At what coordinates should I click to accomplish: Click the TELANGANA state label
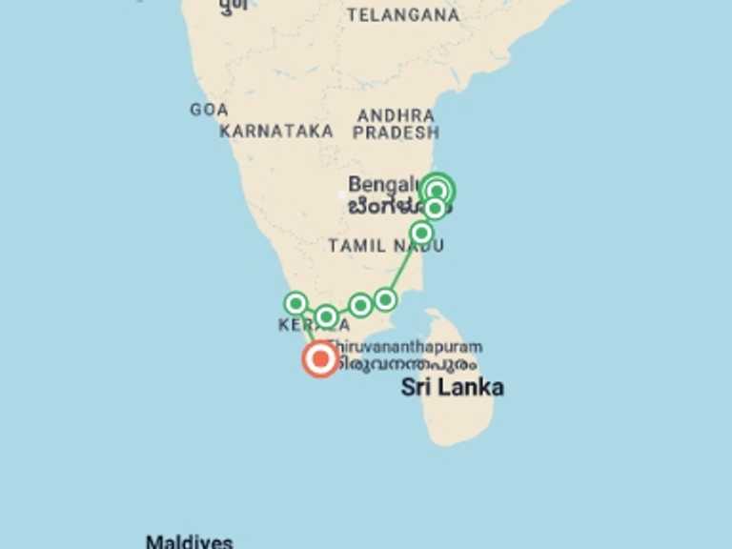403,14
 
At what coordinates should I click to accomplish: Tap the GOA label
209,110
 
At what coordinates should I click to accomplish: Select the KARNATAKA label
276,132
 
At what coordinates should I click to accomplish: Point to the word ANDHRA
396,115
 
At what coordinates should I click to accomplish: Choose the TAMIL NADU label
386,246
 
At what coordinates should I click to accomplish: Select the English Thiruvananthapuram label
405,347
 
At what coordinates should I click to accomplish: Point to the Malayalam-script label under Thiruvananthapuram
405,363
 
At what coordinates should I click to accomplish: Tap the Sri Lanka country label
452,387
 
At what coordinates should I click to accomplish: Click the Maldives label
189,542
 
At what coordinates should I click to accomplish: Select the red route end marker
319,359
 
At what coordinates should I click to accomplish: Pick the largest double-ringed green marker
437,191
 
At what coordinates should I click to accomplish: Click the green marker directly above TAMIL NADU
421,233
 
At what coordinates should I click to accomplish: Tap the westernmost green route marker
296,304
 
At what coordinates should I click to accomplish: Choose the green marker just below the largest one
435,208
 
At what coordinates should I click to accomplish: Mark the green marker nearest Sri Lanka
385,299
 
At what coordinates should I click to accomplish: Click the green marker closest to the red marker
326,316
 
